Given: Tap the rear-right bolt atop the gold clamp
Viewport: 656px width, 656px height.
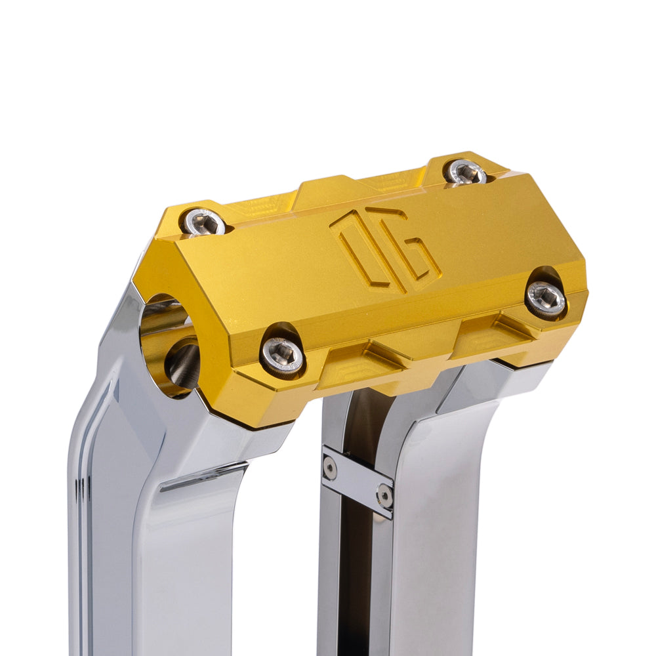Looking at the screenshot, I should point(466,173).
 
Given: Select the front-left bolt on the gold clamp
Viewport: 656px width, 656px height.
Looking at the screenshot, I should point(283,356).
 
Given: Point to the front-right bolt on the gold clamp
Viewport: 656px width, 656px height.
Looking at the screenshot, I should point(546,299).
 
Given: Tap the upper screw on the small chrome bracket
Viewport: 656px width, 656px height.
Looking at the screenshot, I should point(330,468).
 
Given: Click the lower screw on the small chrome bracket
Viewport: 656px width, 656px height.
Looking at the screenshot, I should point(385,496).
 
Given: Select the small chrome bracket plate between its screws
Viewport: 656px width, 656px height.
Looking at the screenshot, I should point(358,482).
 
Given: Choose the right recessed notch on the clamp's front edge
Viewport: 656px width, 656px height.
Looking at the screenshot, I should point(499,331).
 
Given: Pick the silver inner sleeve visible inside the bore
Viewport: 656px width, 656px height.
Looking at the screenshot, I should point(184,364).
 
